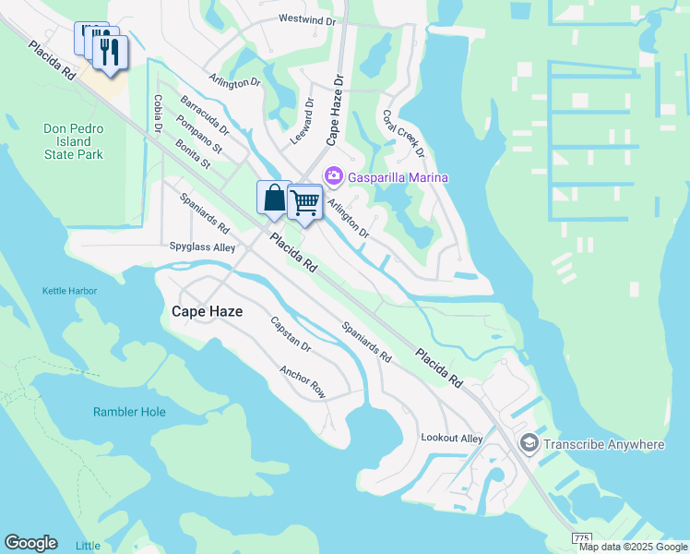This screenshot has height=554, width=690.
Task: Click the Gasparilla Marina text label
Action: [398, 176]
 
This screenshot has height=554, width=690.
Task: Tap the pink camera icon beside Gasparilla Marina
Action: [333, 175]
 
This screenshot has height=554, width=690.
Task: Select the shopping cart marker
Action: [304, 201]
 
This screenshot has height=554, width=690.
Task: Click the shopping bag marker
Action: [274, 197]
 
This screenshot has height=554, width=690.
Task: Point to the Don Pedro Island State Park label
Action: [74, 141]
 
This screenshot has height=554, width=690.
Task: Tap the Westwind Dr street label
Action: [307, 18]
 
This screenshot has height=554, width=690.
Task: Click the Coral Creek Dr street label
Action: [402, 134]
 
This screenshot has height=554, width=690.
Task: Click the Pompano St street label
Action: [199, 135]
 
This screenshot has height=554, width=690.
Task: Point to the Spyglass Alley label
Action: [202, 247]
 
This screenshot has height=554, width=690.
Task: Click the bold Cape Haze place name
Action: [208, 312]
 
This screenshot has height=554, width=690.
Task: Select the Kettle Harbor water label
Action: [69, 291]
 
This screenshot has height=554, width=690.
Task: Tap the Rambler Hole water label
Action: [129, 412]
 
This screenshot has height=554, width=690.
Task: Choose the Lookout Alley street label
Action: [451, 438]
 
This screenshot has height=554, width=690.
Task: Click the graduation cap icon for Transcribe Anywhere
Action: [529, 444]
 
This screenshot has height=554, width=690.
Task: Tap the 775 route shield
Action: [581, 537]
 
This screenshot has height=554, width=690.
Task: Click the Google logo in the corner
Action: [30, 542]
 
